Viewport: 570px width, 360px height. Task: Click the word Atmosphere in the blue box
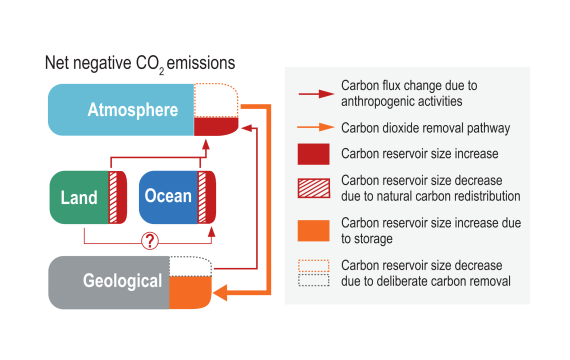pyautogui.click(x=133, y=110)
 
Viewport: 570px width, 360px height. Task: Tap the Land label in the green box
pyautogui.click(x=79, y=197)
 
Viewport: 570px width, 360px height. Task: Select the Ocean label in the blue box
pyautogui.click(x=168, y=196)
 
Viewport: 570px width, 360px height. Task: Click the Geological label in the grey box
pyautogui.click(x=123, y=281)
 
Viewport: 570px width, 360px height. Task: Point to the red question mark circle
pyautogui.click(x=149, y=240)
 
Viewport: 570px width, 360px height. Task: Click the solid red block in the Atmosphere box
pyautogui.click(x=216, y=127)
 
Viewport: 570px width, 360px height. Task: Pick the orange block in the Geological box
pyautogui.click(x=190, y=292)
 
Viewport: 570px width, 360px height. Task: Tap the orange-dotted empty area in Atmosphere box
pyautogui.click(x=216, y=100)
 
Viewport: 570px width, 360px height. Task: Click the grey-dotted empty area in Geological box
pyautogui.click(x=190, y=266)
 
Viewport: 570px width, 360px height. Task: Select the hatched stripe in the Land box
pyautogui.click(x=113, y=197)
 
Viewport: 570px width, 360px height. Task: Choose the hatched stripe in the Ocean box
pyautogui.click(x=202, y=197)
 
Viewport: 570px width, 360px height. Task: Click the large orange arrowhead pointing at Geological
pyautogui.click(x=220, y=292)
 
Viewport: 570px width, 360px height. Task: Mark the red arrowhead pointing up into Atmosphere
pyautogui.click(x=206, y=144)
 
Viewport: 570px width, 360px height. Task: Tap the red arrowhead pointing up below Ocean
pyautogui.click(x=212, y=232)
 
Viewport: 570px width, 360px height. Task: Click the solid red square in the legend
pyautogui.click(x=314, y=154)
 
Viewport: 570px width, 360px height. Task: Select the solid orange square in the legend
pyautogui.click(x=314, y=231)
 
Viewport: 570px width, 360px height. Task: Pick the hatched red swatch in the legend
pyautogui.click(x=314, y=188)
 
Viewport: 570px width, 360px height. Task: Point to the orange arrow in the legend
pyautogui.click(x=316, y=127)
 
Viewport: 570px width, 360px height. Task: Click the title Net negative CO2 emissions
pyautogui.click(x=140, y=64)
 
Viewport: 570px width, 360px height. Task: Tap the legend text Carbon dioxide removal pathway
pyautogui.click(x=425, y=128)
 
